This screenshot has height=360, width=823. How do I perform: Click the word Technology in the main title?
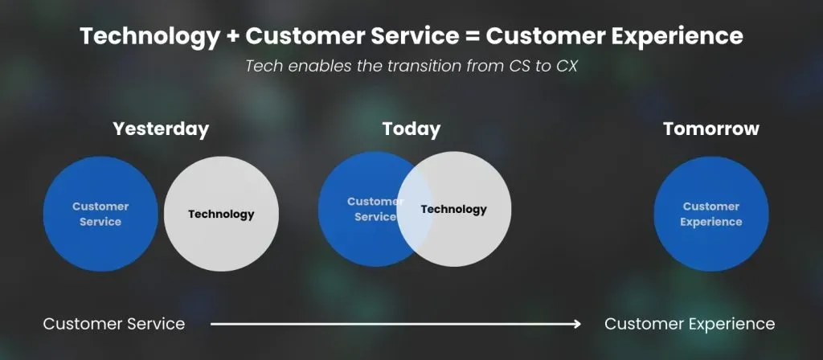[150, 35]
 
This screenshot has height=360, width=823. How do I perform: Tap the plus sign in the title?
[233, 36]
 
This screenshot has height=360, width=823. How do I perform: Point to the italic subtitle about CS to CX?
[411, 67]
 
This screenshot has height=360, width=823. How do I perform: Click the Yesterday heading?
[161, 129]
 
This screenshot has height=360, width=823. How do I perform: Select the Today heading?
[411, 129]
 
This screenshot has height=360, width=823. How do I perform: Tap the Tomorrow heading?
[711, 129]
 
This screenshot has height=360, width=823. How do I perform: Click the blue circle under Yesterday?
[100, 214]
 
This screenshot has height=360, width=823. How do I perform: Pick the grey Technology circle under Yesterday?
[221, 214]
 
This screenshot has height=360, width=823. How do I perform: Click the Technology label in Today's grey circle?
[453, 210]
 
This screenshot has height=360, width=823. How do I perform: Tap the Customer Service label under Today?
[375, 209]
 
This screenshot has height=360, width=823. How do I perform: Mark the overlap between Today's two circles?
[415, 210]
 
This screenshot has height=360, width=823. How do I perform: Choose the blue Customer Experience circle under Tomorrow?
[711, 214]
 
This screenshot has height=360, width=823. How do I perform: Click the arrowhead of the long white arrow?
[577, 325]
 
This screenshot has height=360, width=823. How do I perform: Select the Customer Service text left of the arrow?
[114, 324]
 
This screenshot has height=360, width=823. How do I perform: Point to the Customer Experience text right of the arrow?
[690, 324]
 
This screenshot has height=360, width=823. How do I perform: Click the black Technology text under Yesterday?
[221, 214]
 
